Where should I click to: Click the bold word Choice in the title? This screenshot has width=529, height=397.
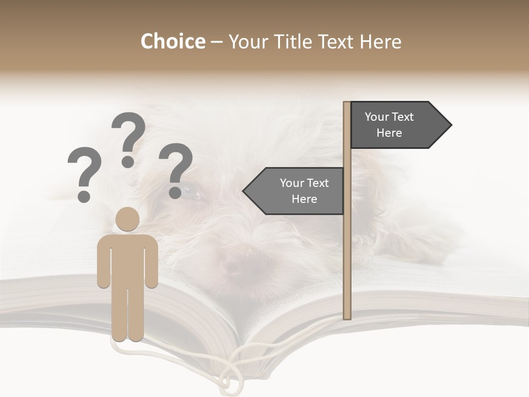click(172, 41)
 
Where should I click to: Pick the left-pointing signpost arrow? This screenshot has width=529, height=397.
click(295, 191)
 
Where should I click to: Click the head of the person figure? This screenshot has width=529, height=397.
click(128, 219)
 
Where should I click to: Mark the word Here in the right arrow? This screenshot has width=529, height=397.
click(389, 133)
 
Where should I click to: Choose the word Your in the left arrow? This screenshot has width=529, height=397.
click(292, 183)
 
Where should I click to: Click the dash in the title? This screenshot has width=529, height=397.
click(217, 42)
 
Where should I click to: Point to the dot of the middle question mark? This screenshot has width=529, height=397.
click(128, 162)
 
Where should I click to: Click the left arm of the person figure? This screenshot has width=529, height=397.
click(103, 262)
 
